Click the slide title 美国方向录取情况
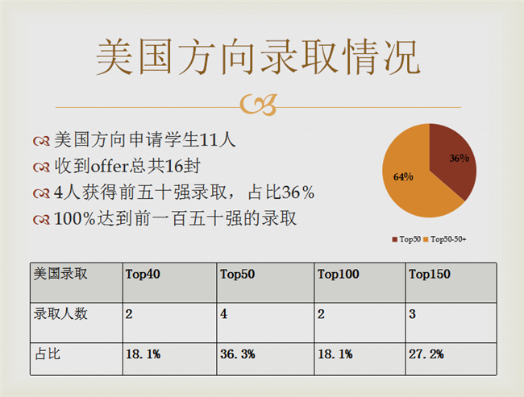[258, 56]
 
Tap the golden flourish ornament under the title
[258, 105]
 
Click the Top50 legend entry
[406, 239]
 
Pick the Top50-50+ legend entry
[445, 239]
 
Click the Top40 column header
[143, 274]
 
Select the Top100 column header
[339, 274]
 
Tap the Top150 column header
[430, 274]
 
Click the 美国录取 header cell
[60, 274]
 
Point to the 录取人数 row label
[60, 314]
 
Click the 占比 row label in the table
[48, 354]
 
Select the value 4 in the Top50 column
[223, 314]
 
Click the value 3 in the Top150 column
[413, 314]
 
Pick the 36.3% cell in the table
[238, 354]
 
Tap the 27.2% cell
[426, 354]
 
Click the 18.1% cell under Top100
[335, 354]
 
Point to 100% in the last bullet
[75, 219]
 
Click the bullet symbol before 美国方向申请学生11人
[41, 141]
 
